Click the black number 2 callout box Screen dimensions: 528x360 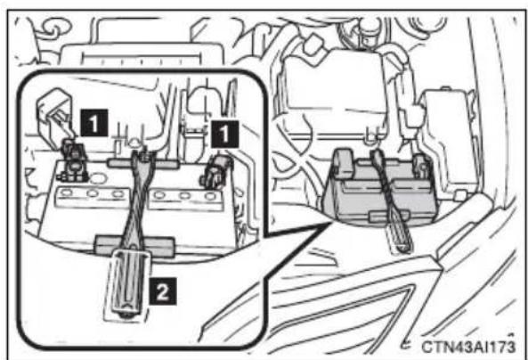(163, 291)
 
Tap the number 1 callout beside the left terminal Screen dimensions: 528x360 (94, 123)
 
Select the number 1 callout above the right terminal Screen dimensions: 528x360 (224, 134)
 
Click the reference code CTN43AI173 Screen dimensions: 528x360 (468, 346)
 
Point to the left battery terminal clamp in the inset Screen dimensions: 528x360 (73, 161)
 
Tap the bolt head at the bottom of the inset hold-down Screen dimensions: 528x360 (126, 315)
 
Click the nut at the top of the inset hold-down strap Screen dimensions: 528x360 (145, 156)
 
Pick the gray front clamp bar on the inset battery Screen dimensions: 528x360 (134, 245)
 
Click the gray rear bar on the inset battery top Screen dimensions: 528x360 (143, 164)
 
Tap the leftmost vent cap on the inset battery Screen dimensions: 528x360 (66, 192)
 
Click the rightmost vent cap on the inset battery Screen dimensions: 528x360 (210, 196)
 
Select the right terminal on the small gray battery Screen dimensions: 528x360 (420, 165)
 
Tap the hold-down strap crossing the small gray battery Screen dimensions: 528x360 (391, 200)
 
